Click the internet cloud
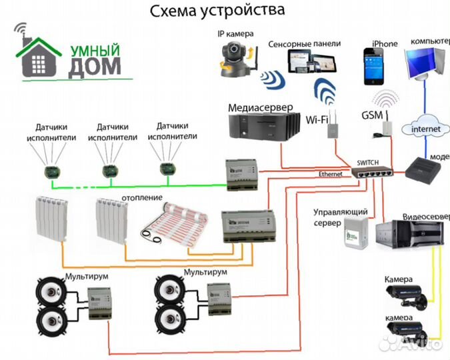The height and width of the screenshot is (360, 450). (x=426, y=127)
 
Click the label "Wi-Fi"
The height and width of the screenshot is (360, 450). (x=316, y=120)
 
